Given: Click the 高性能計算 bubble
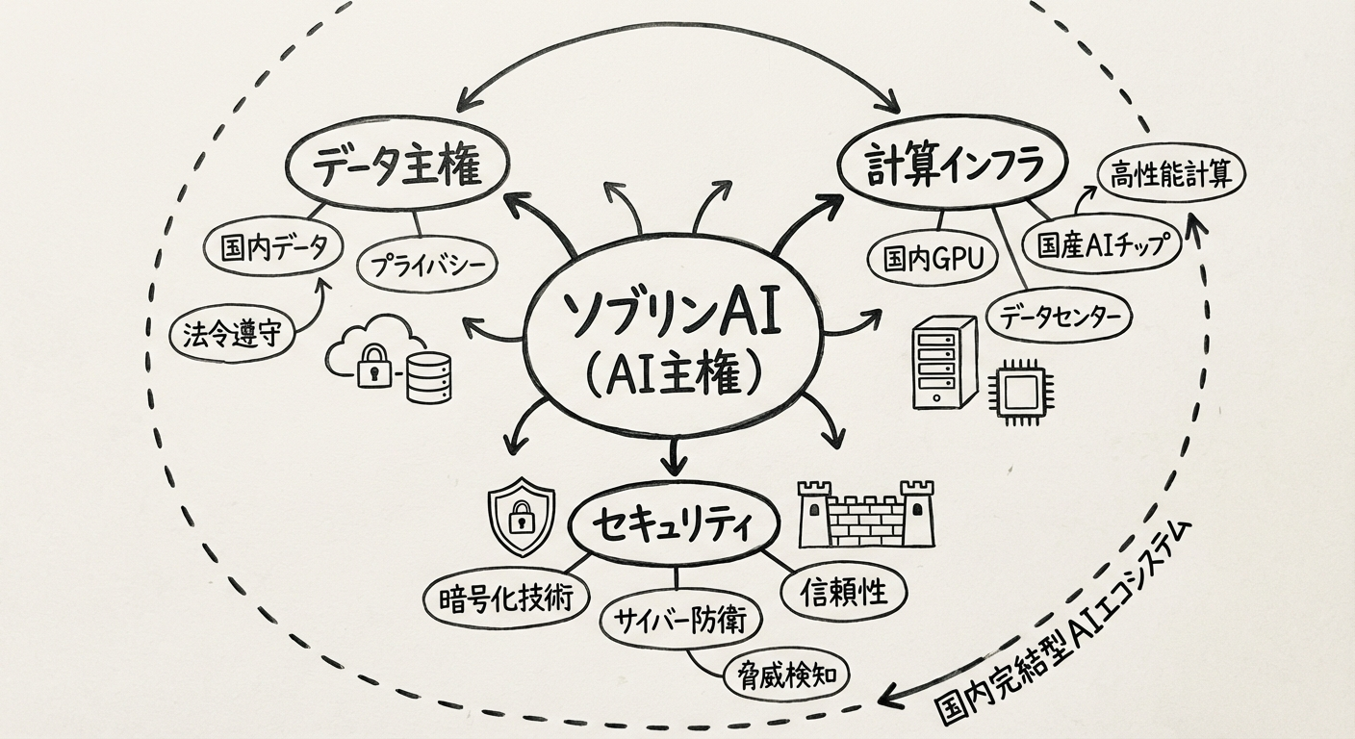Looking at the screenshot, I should (x=1170, y=174).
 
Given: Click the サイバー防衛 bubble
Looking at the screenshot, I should (x=679, y=620).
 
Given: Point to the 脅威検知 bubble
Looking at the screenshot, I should (x=785, y=673).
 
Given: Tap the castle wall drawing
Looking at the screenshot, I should (x=866, y=514).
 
